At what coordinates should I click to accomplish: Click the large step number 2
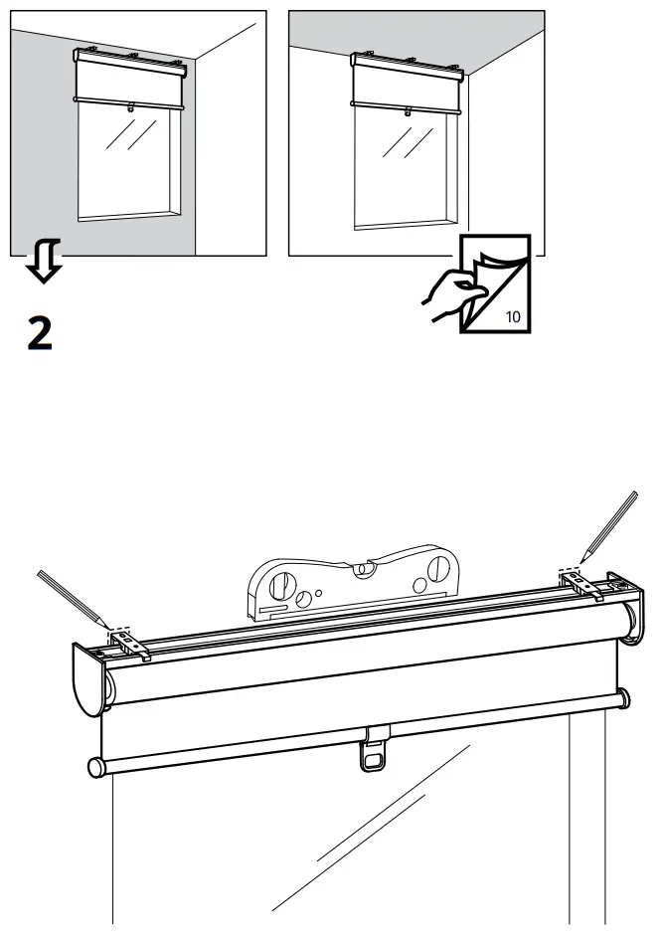(x=40, y=332)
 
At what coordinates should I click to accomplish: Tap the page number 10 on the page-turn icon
(x=512, y=317)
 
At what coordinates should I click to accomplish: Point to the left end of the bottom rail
(x=95, y=767)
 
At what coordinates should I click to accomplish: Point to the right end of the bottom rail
(x=621, y=697)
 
